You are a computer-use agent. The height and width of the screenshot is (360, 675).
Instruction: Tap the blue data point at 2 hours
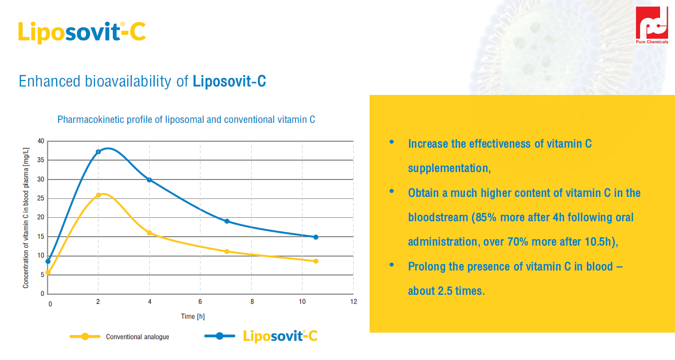pyautogui.click(x=98, y=152)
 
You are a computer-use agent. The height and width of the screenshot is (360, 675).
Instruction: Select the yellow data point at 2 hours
pyautogui.click(x=98, y=195)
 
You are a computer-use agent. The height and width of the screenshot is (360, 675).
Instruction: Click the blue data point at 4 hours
pyautogui.click(x=149, y=180)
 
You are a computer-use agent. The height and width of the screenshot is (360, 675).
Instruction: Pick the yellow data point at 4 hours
pyautogui.click(x=149, y=233)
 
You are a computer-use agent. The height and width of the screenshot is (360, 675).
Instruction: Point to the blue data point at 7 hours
pyautogui.click(x=227, y=221)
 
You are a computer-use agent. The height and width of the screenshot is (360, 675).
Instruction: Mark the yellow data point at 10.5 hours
pyautogui.click(x=316, y=261)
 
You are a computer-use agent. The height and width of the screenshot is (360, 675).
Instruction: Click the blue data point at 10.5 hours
pyautogui.click(x=316, y=237)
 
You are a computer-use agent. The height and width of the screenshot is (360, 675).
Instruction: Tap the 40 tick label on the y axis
pyautogui.click(x=41, y=141)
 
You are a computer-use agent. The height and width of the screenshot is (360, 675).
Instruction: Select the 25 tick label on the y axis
pyautogui.click(x=41, y=198)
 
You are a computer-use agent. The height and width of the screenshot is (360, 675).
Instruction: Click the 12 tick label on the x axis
pyautogui.click(x=354, y=302)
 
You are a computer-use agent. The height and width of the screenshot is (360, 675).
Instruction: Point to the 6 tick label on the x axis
pyautogui.click(x=200, y=302)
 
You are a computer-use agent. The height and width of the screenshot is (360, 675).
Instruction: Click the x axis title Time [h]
pyautogui.click(x=193, y=316)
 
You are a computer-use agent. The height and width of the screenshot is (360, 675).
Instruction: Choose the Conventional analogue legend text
pyautogui.click(x=137, y=337)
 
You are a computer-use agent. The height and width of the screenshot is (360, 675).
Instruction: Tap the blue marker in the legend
pyautogui.click(x=219, y=336)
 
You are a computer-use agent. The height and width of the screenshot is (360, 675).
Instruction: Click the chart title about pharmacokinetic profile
pyautogui.click(x=186, y=120)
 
